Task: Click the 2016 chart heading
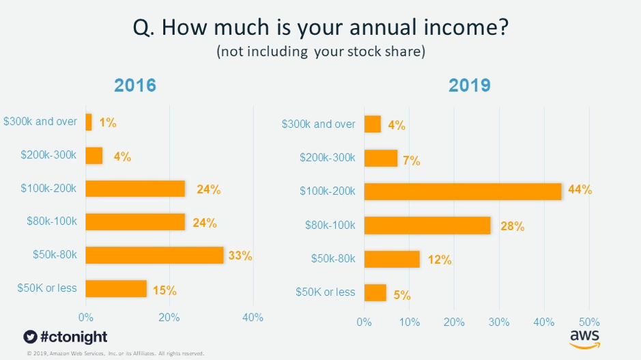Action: (x=135, y=85)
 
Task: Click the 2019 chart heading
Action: (x=470, y=85)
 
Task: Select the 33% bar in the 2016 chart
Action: (x=155, y=255)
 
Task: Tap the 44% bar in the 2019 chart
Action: (x=463, y=191)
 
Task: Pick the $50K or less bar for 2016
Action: (x=116, y=289)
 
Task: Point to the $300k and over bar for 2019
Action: (x=373, y=124)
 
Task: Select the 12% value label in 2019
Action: (x=440, y=260)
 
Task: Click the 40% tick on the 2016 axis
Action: (x=253, y=318)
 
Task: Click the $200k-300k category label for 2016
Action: (x=47, y=155)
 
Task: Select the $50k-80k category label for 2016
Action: (x=54, y=255)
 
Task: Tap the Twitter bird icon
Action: (x=29, y=337)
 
